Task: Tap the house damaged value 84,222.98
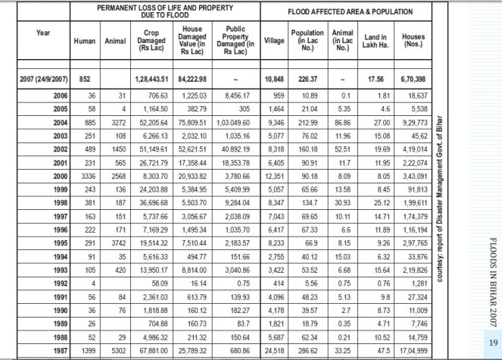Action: [193, 79]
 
